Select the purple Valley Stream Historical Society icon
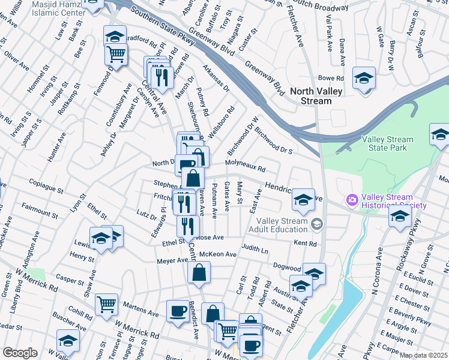(x=351, y=199)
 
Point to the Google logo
(x=20, y=353)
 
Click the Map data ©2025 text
(x=423, y=355)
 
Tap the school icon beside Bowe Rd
(x=363, y=78)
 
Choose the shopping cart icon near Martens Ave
(x=106, y=304)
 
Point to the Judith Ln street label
(x=255, y=248)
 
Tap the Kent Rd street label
(x=305, y=244)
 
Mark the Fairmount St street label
(x=38, y=208)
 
